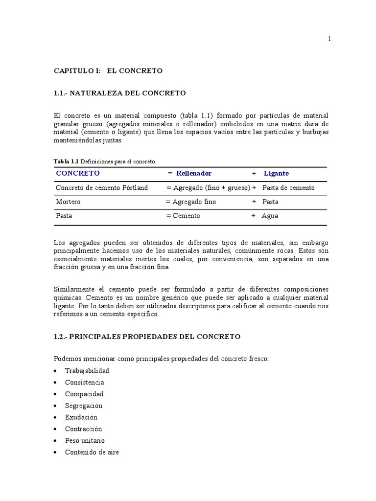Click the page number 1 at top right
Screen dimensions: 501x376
pyautogui.click(x=329, y=40)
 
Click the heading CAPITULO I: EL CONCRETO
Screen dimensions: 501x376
pyautogui.click(x=108, y=71)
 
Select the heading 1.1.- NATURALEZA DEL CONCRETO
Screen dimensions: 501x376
pyautogui.click(x=120, y=93)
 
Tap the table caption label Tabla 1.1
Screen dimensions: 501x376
pyautogui.click(x=66, y=161)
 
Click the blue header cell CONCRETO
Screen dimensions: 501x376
pyautogui.click(x=78, y=173)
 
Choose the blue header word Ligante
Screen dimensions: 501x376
pyautogui.click(x=276, y=173)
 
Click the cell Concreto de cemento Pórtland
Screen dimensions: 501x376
pyautogui.click(x=102, y=188)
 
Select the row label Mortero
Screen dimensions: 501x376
pyautogui.click(x=68, y=202)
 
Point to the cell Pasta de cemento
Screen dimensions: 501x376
pyautogui.click(x=288, y=188)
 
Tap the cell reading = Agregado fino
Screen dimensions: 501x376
pyautogui.click(x=190, y=202)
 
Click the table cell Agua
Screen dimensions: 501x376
pyautogui.click(x=270, y=216)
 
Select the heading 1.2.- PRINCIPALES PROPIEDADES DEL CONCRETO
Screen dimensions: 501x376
pyautogui.click(x=147, y=337)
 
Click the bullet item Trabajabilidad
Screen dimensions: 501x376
pyautogui.click(x=87, y=370)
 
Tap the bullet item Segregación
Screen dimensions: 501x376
pyautogui.click(x=84, y=406)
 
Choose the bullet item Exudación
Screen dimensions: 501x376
pyautogui.click(x=81, y=417)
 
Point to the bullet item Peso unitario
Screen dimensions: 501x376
pyautogui.click(x=85, y=440)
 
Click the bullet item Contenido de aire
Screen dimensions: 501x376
pyautogui.click(x=92, y=452)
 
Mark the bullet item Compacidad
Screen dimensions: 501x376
pyautogui.click(x=84, y=394)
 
